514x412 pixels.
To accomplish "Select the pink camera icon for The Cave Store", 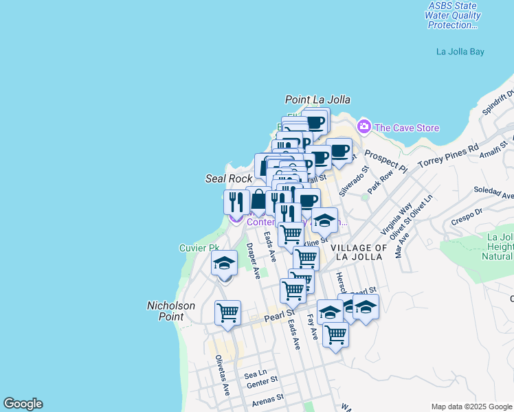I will coord(364,127).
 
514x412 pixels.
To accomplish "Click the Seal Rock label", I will coord(230,179).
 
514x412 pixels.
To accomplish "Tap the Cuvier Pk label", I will coord(199,248).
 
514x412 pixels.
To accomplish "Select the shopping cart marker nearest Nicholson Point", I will coord(227,313).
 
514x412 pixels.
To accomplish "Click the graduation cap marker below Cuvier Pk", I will coord(224,264).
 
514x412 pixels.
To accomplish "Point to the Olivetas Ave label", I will coord(222,375).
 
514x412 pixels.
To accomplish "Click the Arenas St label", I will coord(267,399).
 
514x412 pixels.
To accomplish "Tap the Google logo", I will coord(23,404).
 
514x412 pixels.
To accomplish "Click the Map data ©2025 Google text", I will coord(471,407).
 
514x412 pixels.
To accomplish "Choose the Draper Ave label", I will coord(253,260).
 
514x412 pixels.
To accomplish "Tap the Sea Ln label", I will coord(255,374).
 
